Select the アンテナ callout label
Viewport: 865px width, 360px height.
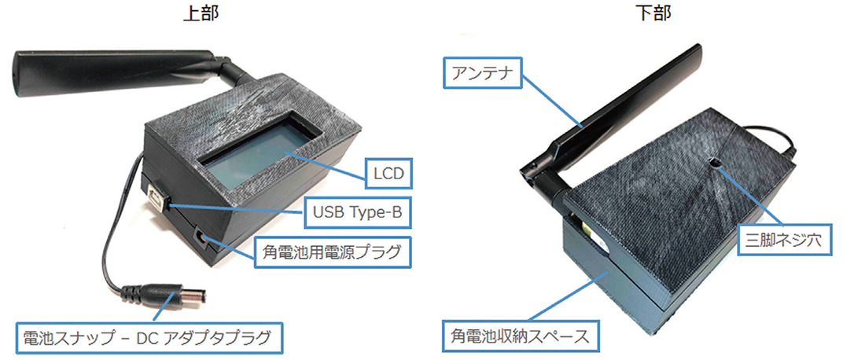pos(484,73)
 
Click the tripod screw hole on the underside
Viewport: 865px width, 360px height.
pos(714,163)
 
